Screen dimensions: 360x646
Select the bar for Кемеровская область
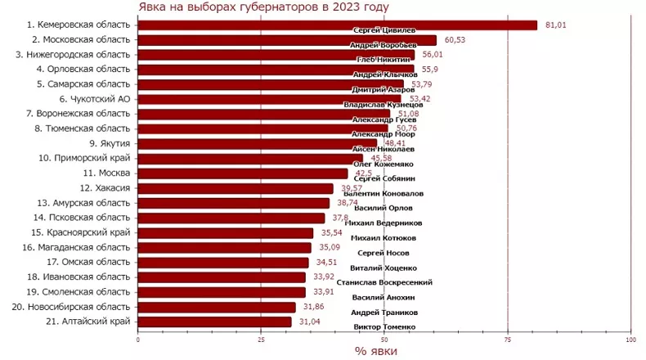[x=337, y=25]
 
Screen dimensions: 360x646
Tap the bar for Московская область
[x=286, y=40]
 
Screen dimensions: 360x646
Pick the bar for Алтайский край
[x=214, y=322]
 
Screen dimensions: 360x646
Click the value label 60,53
[x=455, y=40]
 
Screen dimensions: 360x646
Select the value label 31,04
[x=310, y=322]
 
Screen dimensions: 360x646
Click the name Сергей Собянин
[x=384, y=178]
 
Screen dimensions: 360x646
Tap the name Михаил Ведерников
[x=384, y=223]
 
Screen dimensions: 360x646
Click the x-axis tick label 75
[x=507, y=339]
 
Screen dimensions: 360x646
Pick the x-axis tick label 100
[x=630, y=339]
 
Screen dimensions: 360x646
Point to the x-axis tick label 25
[x=261, y=339]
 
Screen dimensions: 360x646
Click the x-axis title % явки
[x=384, y=351]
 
